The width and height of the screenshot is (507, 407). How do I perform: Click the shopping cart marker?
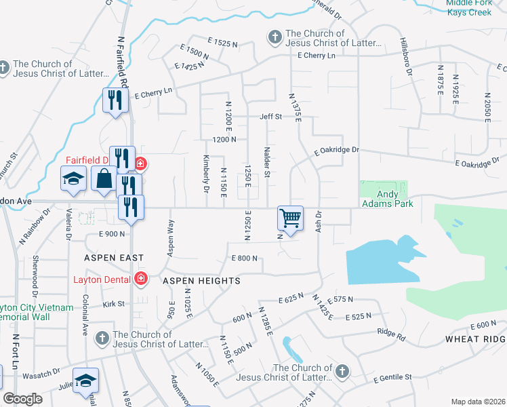[x=290, y=218]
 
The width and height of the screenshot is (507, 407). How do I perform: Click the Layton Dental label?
[x=102, y=279]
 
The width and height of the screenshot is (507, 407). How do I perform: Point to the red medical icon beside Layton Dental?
[x=140, y=279]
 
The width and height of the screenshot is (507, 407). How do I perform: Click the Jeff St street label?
[x=270, y=117]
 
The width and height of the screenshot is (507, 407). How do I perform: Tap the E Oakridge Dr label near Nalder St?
[x=335, y=150]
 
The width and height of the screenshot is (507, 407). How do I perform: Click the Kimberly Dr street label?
[x=206, y=174]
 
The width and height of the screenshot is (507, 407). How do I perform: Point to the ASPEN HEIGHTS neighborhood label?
[x=201, y=280]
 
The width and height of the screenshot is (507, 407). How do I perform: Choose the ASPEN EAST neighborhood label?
[x=114, y=258]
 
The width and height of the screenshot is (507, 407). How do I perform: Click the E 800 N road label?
[x=245, y=258]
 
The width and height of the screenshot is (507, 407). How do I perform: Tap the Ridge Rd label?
[x=391, y=334]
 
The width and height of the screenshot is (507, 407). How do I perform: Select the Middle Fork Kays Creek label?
[x=476, y=7]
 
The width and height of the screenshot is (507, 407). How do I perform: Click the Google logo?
[x=22, y=399]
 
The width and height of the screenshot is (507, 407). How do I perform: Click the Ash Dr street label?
[x=318, y=222]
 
